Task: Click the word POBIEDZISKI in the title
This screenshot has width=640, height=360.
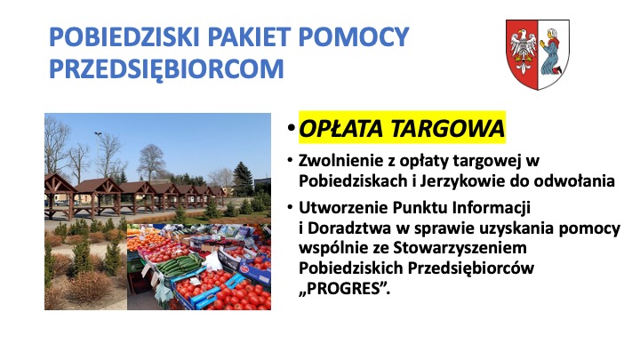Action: [x=124, y=36]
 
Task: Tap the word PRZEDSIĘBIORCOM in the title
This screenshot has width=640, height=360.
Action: [x=166, y=69]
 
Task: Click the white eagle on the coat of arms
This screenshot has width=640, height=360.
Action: [x=523, y=50]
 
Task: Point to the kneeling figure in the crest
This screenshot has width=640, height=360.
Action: [x=551, y=52]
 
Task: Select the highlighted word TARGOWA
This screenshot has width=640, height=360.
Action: [x=448, y=129]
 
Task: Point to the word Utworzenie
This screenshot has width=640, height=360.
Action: [x=343, y=207]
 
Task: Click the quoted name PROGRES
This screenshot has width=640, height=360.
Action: [x=344, y=289]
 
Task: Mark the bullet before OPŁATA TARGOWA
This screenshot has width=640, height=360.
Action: [x=291, y=128]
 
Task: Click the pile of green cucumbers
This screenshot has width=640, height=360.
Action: [x=179, y=265]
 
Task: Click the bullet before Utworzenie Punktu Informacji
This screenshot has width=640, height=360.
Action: [x=290, y=207]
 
